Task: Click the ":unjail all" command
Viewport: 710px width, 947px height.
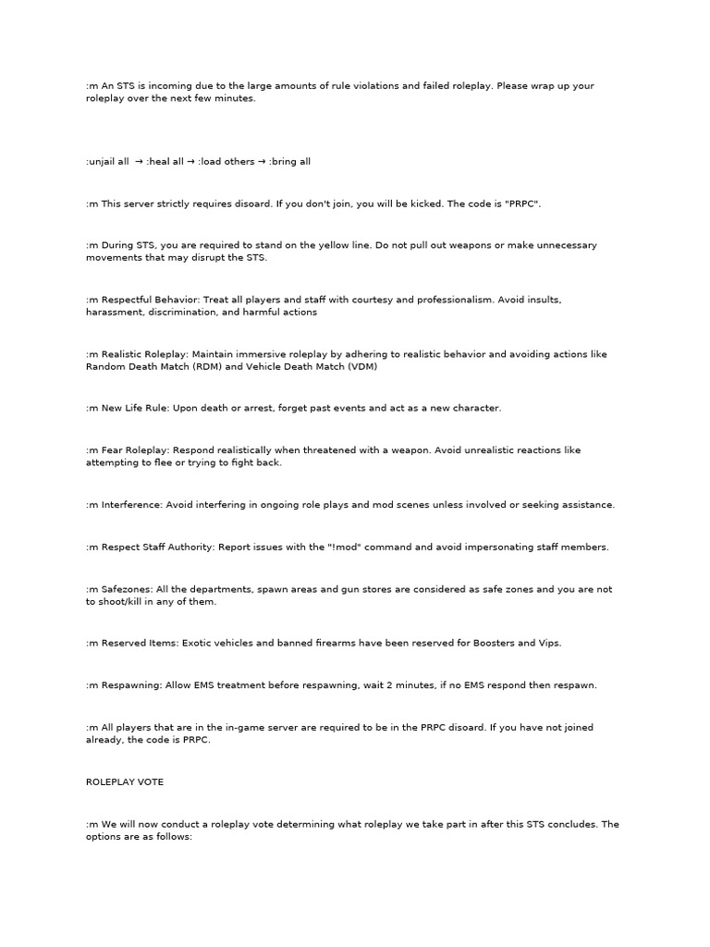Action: [x=107, y=161]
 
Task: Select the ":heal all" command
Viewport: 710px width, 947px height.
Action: [x=165, y=161]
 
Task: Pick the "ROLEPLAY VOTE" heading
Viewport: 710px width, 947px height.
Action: [x=124, y=782]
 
